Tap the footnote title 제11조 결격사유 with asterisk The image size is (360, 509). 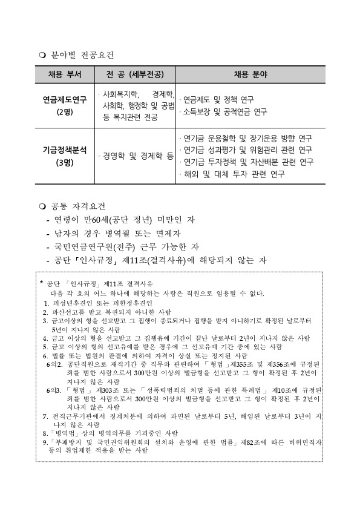click(x=97, y=283)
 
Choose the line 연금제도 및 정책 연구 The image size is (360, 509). click(x=218, y=99)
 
